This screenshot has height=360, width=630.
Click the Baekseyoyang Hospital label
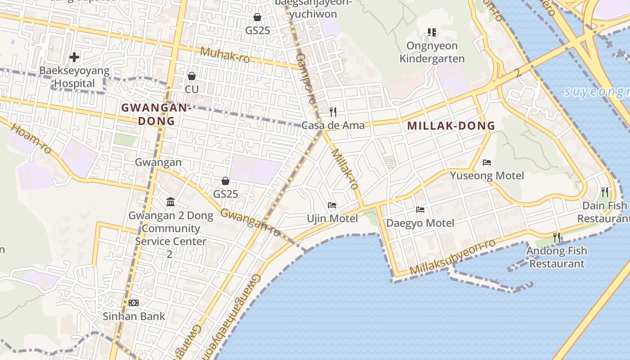[75, 77]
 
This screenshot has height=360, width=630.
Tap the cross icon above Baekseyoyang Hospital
[74, 57]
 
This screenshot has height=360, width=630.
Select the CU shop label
[192, 89]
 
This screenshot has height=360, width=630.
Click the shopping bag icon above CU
[192, 76]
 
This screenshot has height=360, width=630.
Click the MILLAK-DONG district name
[451, 126]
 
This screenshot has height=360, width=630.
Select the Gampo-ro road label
[305, 78]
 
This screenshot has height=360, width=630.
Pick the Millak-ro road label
[344, 169]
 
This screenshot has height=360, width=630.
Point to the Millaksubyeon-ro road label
[453, 257]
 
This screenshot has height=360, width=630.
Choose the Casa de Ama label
[333, 125]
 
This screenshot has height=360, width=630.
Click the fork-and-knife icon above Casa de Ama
[333, 112]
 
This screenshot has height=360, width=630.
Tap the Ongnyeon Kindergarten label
[432, 52]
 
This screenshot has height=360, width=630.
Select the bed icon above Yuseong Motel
[486, 162]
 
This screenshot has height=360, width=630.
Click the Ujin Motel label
[332, 219]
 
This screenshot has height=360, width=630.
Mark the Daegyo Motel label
[420, 223]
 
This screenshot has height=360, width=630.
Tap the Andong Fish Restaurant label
[557, 257]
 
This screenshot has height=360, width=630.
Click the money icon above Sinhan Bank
[134, 303]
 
